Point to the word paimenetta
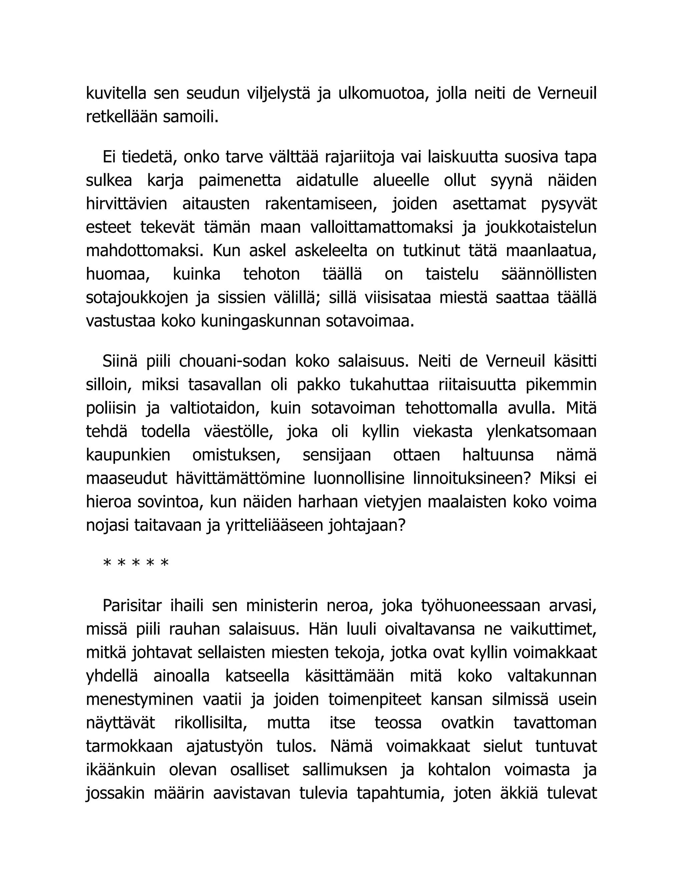click(239, 180)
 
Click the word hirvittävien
click(126, 203)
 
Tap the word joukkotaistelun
click(541, 227)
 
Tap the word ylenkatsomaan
click(541, 431)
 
